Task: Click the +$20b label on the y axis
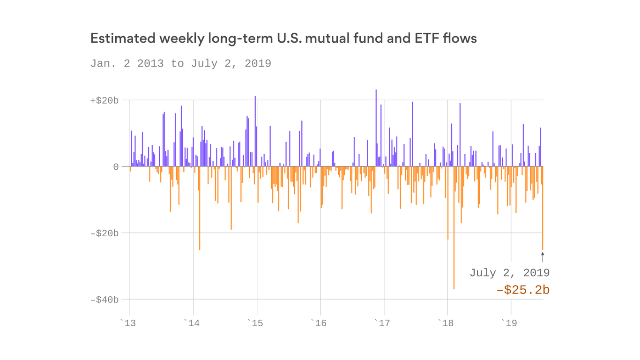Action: pos(104,100)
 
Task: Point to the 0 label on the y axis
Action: pos(115,167)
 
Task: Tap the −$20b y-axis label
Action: pos(104,233)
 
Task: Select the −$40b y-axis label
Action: pos(104,300)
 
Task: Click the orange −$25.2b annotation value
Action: pos(523,291)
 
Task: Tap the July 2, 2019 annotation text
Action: pos(509,273)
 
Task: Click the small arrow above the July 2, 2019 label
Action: pos(543,257)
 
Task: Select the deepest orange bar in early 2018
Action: pos(454,234)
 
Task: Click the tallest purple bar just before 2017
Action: pos(376,127)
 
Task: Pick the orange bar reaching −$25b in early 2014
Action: pos(200,211)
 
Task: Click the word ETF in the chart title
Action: pos(427,38)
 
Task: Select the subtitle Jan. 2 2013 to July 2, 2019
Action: pos(180,63)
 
